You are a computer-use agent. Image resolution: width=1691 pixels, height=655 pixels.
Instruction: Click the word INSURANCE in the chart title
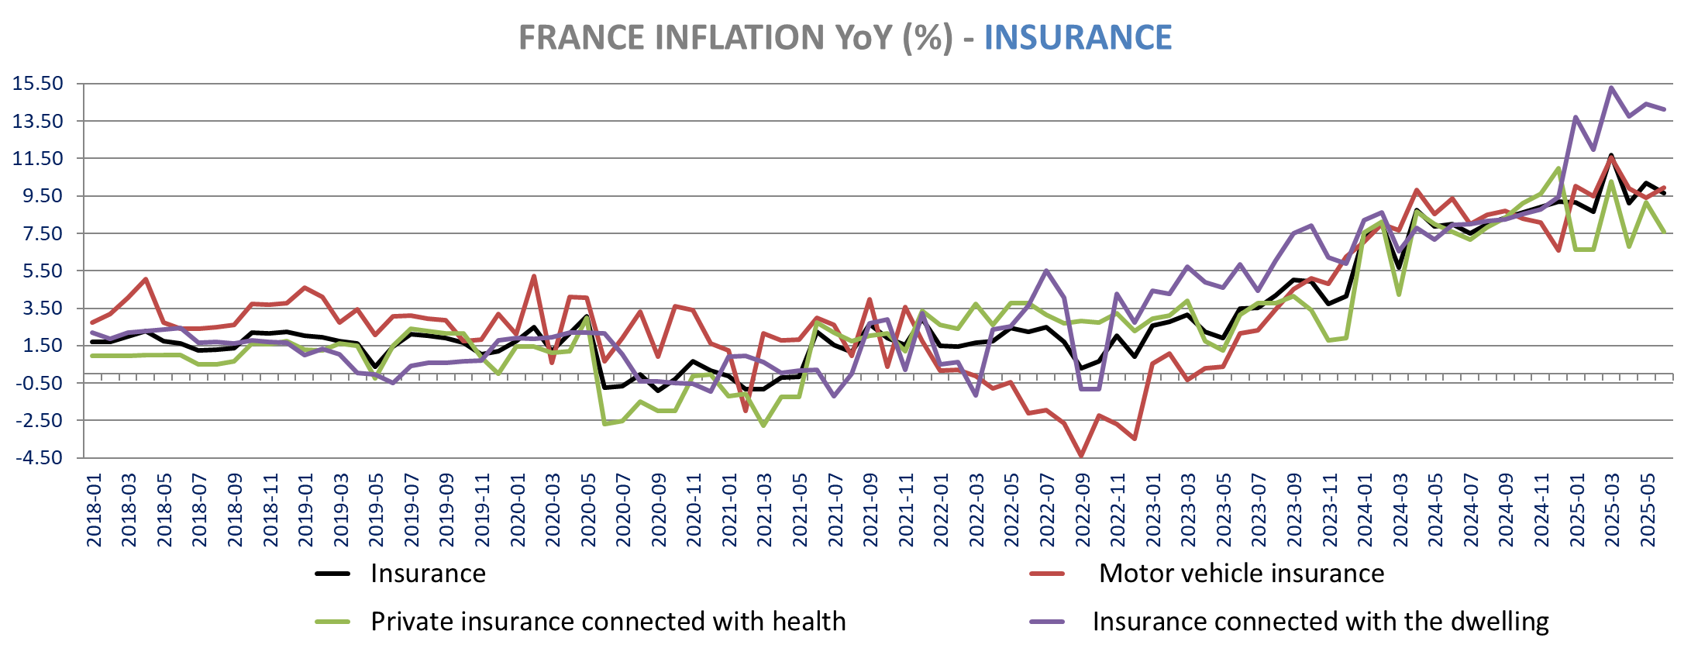[1077, 37]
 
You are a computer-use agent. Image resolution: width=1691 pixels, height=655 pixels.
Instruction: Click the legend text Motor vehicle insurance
[1241, 574]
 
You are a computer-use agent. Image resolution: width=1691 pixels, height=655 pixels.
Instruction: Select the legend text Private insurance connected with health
[608, 622]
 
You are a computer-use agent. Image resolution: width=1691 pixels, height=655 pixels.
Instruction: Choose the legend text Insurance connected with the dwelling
[1320, 622]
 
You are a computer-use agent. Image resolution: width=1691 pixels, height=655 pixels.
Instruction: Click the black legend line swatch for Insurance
[332, 574]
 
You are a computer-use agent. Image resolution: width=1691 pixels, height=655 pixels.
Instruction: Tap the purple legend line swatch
[1047, 622]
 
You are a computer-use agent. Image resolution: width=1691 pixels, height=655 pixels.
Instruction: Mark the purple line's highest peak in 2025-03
[1611, 88]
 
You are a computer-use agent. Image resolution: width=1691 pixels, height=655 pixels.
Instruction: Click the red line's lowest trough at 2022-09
[1081, 456]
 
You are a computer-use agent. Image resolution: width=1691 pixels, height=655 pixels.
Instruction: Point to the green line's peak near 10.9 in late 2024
[1558, 168]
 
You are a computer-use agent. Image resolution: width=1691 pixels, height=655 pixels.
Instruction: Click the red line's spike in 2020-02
[534, 276]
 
